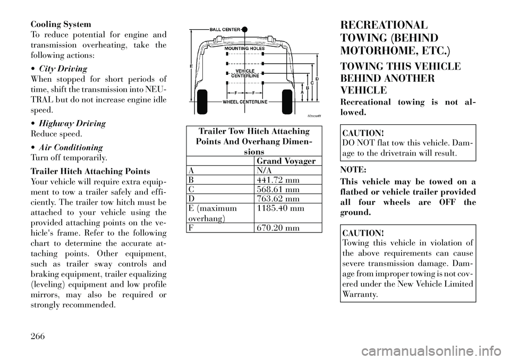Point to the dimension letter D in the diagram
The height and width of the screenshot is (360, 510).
(x=317, y=79)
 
